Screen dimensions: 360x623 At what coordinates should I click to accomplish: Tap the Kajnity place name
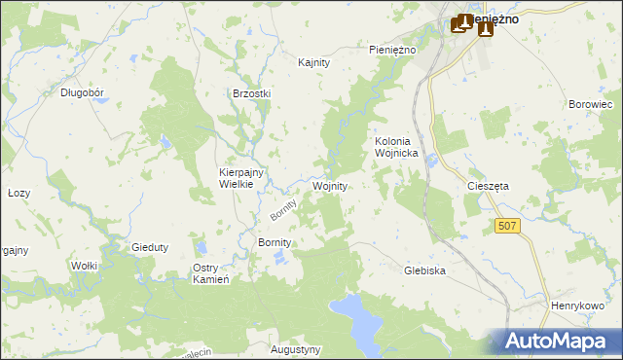coord(314,62)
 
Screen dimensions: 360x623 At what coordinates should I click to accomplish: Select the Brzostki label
coord(251,93)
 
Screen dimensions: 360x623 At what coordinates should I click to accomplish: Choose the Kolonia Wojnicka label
coord(396,147)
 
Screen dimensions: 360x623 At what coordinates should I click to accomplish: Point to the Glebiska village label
coord(424,271)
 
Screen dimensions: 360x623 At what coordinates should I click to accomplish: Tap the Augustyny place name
coord(296,348)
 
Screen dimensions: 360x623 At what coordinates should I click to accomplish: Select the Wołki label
coord(87,265)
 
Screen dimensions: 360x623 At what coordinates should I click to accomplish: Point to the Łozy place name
coord(18,193)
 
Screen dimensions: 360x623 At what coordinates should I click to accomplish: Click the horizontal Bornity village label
coord(275,241)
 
